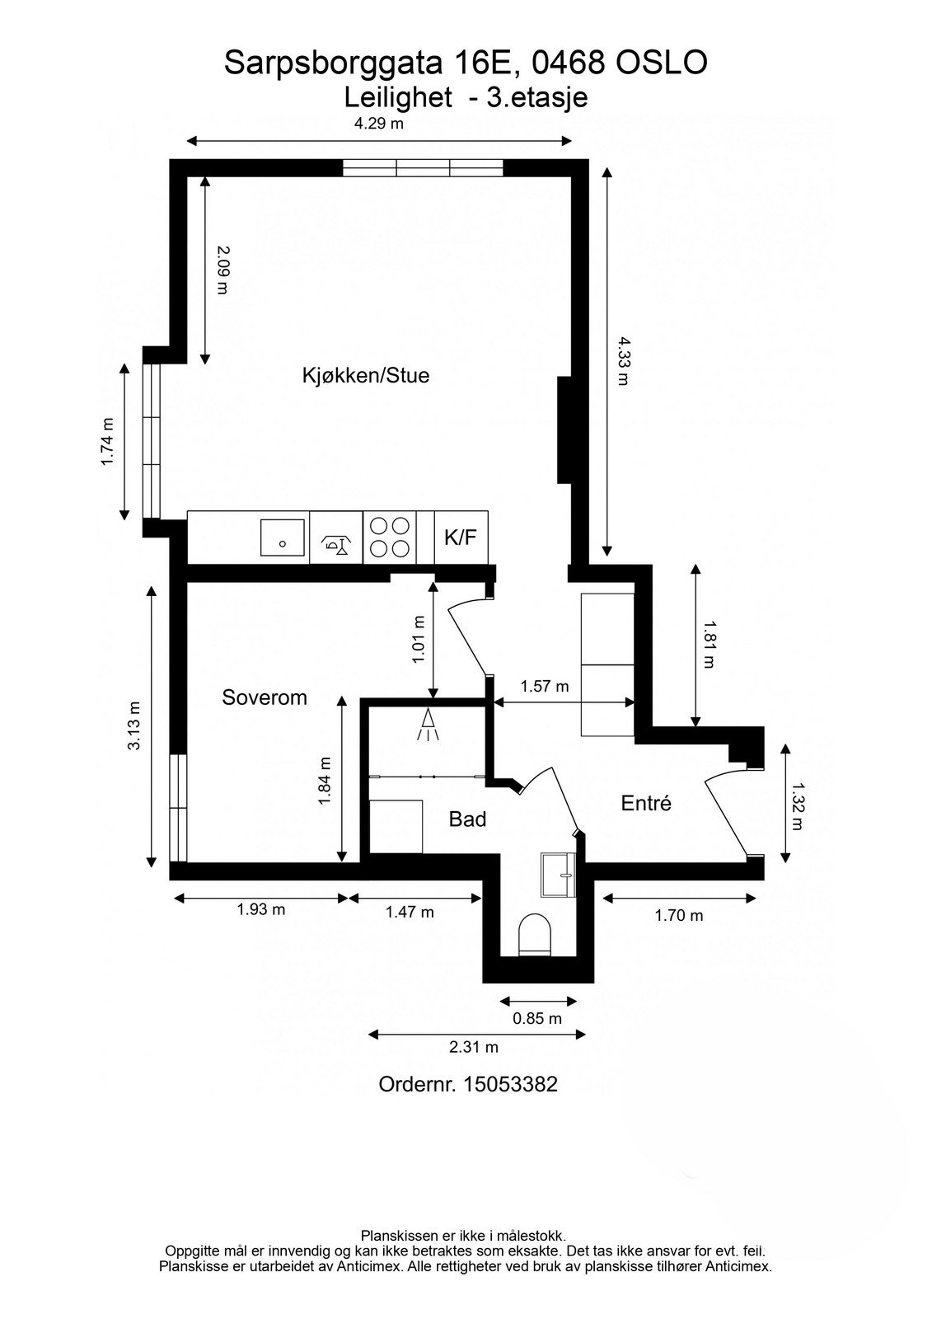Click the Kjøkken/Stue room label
366,376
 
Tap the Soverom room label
265,697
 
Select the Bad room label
467,819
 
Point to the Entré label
646,803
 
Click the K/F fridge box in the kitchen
461,537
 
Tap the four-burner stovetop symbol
389,537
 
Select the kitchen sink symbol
283,537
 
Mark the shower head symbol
429,723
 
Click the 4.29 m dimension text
379,124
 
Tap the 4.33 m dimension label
623,360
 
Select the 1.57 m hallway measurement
545,686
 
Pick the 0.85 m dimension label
537,1018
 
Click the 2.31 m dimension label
474,1048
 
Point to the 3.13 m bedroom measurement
134,725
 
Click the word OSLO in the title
662,63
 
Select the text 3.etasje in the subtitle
537,97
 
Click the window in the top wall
423,167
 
